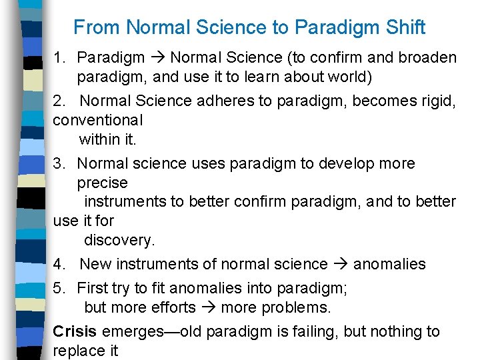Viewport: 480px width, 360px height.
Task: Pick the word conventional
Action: (x=97, y=120)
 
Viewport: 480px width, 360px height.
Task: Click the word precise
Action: (x=102, y=183)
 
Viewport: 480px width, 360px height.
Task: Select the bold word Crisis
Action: (x=75, y=331)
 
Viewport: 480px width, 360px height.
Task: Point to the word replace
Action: (x=79, y=351)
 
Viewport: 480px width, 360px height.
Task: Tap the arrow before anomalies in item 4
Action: (x=340, y=265)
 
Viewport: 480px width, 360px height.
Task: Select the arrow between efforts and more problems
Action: (x=208, y=307)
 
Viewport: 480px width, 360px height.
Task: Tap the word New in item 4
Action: (x=95, y=264)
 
